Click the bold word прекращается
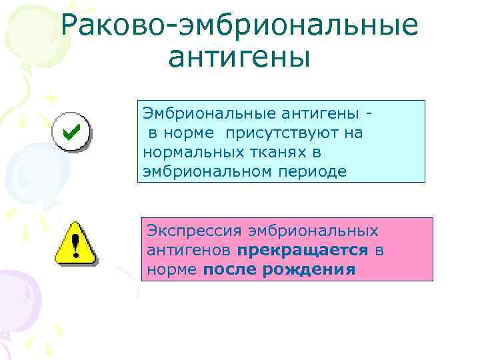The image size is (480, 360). coord(302,250)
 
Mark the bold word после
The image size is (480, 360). coord(227,269)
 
